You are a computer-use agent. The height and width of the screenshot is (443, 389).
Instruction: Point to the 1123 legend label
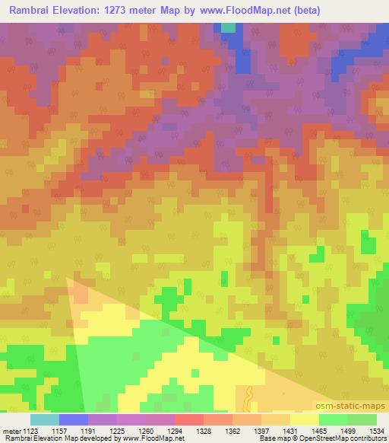click(30, 430)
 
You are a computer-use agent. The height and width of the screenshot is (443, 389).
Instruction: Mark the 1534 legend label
click(375, 430)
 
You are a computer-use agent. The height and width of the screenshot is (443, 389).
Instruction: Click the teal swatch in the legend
click(44, 419)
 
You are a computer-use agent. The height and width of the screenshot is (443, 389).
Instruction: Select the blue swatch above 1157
click(73, 419)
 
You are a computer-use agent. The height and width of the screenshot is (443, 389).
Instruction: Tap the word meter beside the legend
click(10, 430)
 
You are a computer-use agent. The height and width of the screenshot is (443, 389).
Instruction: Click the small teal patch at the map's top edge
click(228, 27)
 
